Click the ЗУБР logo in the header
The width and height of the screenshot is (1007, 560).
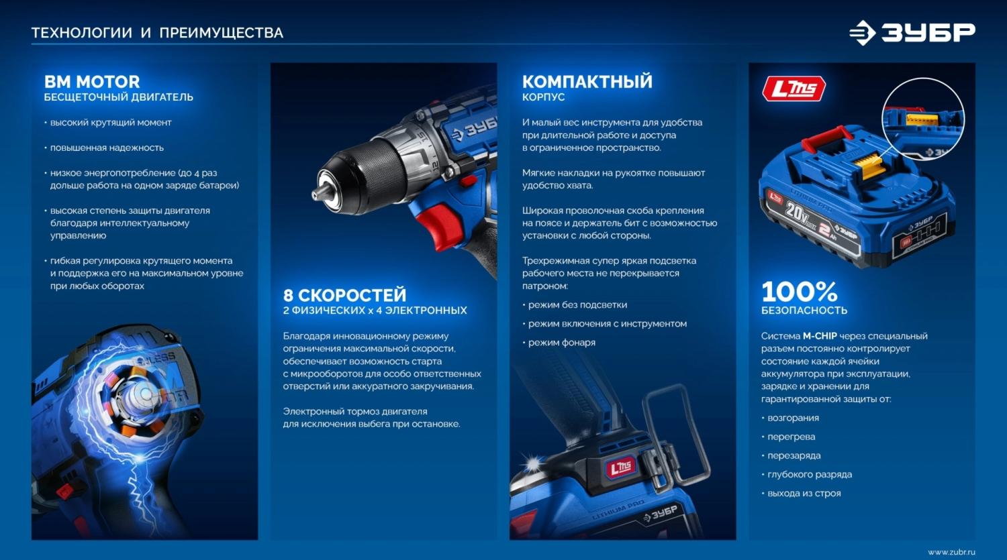(912, 33)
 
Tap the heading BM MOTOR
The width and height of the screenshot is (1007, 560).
(92, 82)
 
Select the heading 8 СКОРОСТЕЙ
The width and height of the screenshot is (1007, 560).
(344, 295)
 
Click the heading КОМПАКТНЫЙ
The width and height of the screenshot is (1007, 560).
(587, 82)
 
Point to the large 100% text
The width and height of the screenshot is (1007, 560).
(800, 292)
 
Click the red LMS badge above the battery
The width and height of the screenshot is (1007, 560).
(794, 89)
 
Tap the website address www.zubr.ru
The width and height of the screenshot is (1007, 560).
(951, 552)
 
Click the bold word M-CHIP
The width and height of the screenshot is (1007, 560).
(820, 336)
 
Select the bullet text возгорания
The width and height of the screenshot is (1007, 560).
(793, 418)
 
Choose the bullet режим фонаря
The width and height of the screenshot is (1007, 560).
(561, 342)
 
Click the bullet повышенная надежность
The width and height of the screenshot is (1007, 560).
(107, 148)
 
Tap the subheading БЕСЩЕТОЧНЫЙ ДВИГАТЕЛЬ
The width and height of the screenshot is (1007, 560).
(119, 97)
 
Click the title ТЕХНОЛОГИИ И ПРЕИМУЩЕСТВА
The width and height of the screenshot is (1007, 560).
(157, 33)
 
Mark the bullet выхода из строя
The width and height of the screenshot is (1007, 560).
(804, 493)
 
